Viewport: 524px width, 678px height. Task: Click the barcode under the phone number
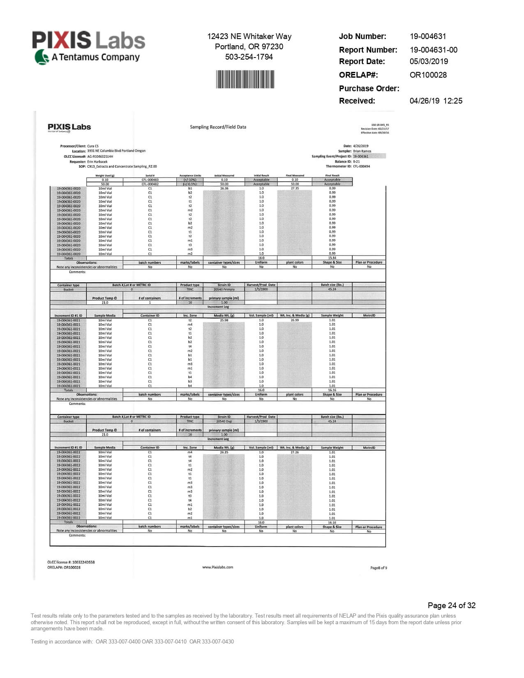245,79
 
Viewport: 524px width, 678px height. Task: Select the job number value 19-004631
428,37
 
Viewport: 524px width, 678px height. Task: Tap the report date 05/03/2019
429,62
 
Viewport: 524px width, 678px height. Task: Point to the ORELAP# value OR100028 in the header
428,75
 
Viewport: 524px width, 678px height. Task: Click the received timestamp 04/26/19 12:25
436,101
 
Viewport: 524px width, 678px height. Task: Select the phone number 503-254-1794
249,57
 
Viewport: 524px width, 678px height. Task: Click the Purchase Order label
369,89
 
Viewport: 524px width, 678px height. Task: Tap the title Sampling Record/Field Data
218,127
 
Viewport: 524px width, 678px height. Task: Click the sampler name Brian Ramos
362,151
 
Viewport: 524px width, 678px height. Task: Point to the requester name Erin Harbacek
97,161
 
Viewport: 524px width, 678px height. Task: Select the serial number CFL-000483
150,180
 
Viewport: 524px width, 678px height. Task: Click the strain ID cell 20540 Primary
224,289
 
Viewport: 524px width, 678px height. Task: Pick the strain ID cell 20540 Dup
224,421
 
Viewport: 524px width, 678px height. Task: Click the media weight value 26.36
224,188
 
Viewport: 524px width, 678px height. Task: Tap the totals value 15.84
332,258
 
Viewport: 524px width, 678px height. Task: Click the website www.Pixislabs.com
218,567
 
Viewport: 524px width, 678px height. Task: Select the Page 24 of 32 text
451,605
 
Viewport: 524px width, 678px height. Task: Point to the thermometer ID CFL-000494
361,166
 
